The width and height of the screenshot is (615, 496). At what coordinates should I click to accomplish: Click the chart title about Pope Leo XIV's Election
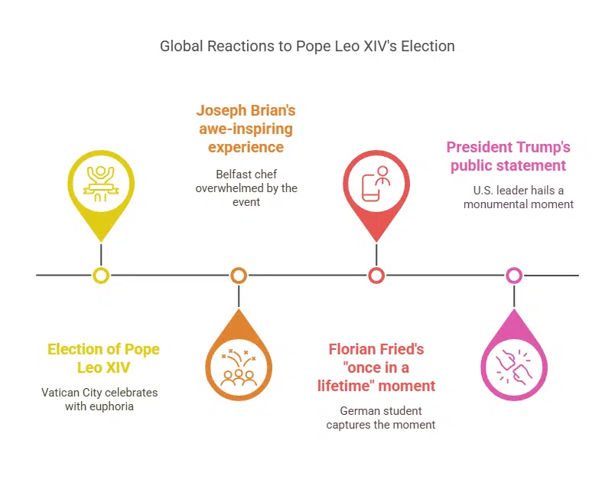coord(307,46)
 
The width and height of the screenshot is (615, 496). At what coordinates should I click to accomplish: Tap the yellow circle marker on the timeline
coord(101,275)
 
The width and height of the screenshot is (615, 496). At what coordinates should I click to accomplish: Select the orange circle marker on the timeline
coord(239,275)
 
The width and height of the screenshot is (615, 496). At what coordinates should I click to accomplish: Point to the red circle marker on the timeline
coord(376,275)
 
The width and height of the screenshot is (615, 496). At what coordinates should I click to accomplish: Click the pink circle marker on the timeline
coord(514,275)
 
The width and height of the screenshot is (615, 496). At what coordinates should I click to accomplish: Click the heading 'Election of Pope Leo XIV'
coord(103,358)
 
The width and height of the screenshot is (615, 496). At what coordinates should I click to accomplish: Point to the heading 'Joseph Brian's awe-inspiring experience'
coord(246,128)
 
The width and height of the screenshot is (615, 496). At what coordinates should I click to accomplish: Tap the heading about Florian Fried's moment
coord(376,367)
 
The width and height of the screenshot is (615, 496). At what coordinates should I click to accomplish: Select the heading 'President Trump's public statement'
coord(508,156)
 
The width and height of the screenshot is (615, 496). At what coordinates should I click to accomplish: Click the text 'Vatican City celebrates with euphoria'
coord(99,400)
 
